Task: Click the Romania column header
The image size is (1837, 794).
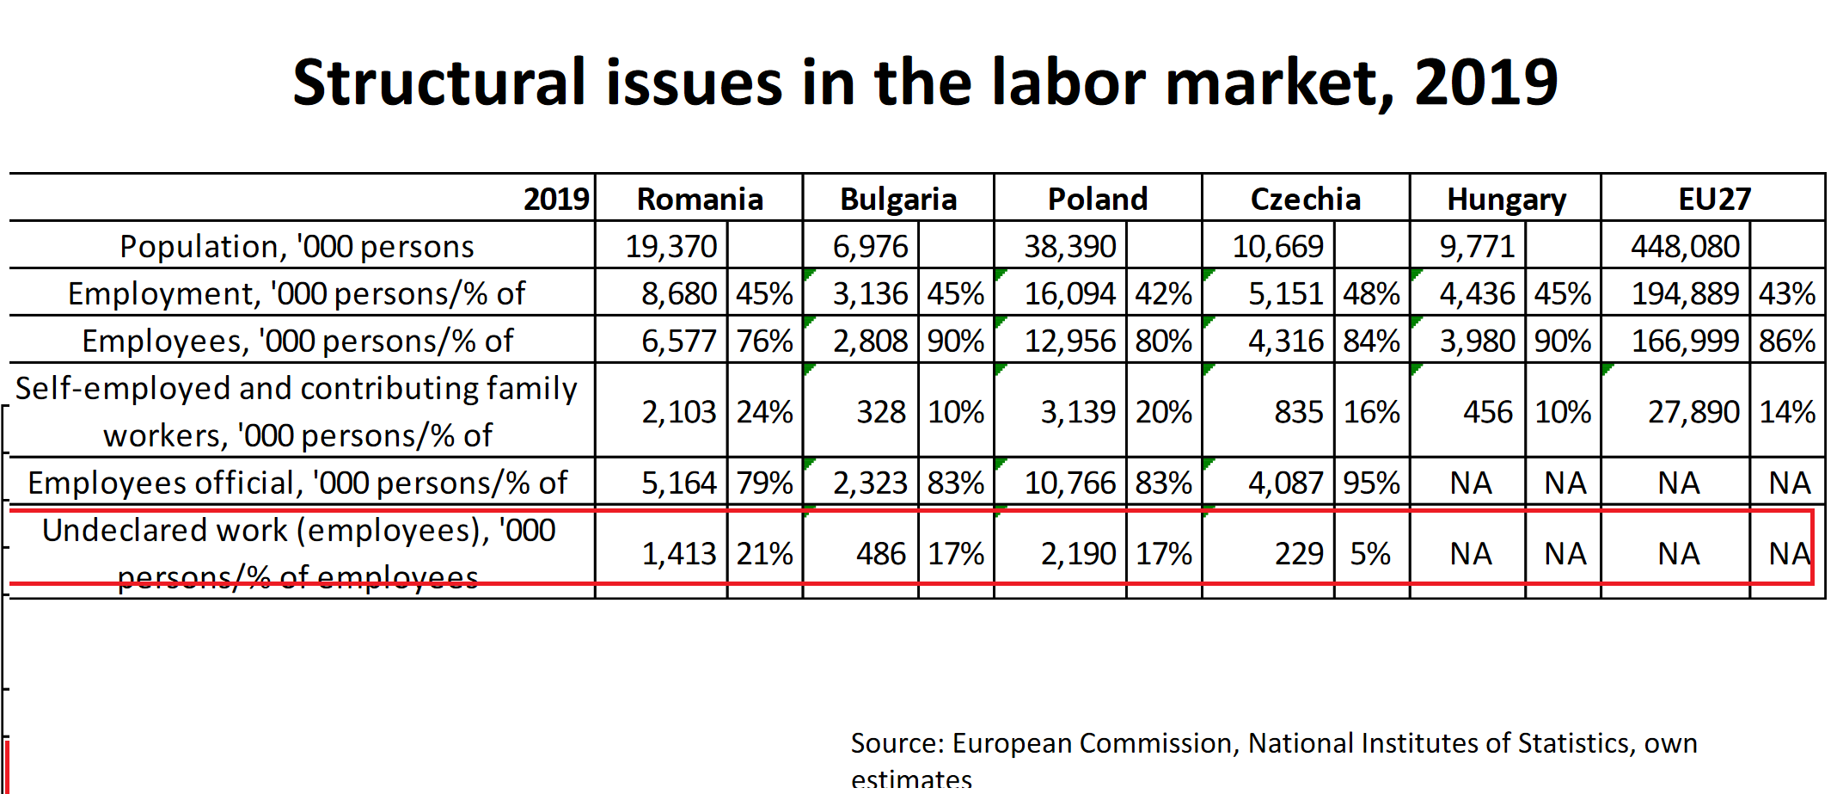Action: [x=700, y=200]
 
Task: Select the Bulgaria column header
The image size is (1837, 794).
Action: [x=898, y=200]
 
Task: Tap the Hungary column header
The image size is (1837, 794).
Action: [x=1506, y=200]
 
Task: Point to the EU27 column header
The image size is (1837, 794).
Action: [x=1714, y=200]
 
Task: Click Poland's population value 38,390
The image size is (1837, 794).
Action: [x=1069, y=247]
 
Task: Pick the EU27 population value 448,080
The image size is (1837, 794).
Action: [x=1685, y=247]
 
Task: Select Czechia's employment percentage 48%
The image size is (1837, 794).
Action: [x=1372, y=294]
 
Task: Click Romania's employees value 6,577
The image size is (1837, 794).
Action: [x=679, y=342]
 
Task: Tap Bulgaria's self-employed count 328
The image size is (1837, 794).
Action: [x=881, y=412]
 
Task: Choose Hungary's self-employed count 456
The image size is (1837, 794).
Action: [x=1488, y=412]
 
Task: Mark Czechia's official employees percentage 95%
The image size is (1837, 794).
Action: [x=1372, y=483]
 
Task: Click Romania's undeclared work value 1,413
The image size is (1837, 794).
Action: [x=679, y=553]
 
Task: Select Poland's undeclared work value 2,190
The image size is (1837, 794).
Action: [x=1078, y=553]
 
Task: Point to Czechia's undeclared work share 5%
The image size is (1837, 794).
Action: [x=1370, y=553]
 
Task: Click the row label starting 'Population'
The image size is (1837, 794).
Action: [x=297, y=247]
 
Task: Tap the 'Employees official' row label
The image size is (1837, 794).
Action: [x=297, y=483]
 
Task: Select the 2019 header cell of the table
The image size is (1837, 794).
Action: [x=556, y=200]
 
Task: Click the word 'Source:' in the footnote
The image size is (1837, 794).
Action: [x=897, y=743]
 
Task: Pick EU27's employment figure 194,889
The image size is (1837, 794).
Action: [x=1685, y=294]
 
